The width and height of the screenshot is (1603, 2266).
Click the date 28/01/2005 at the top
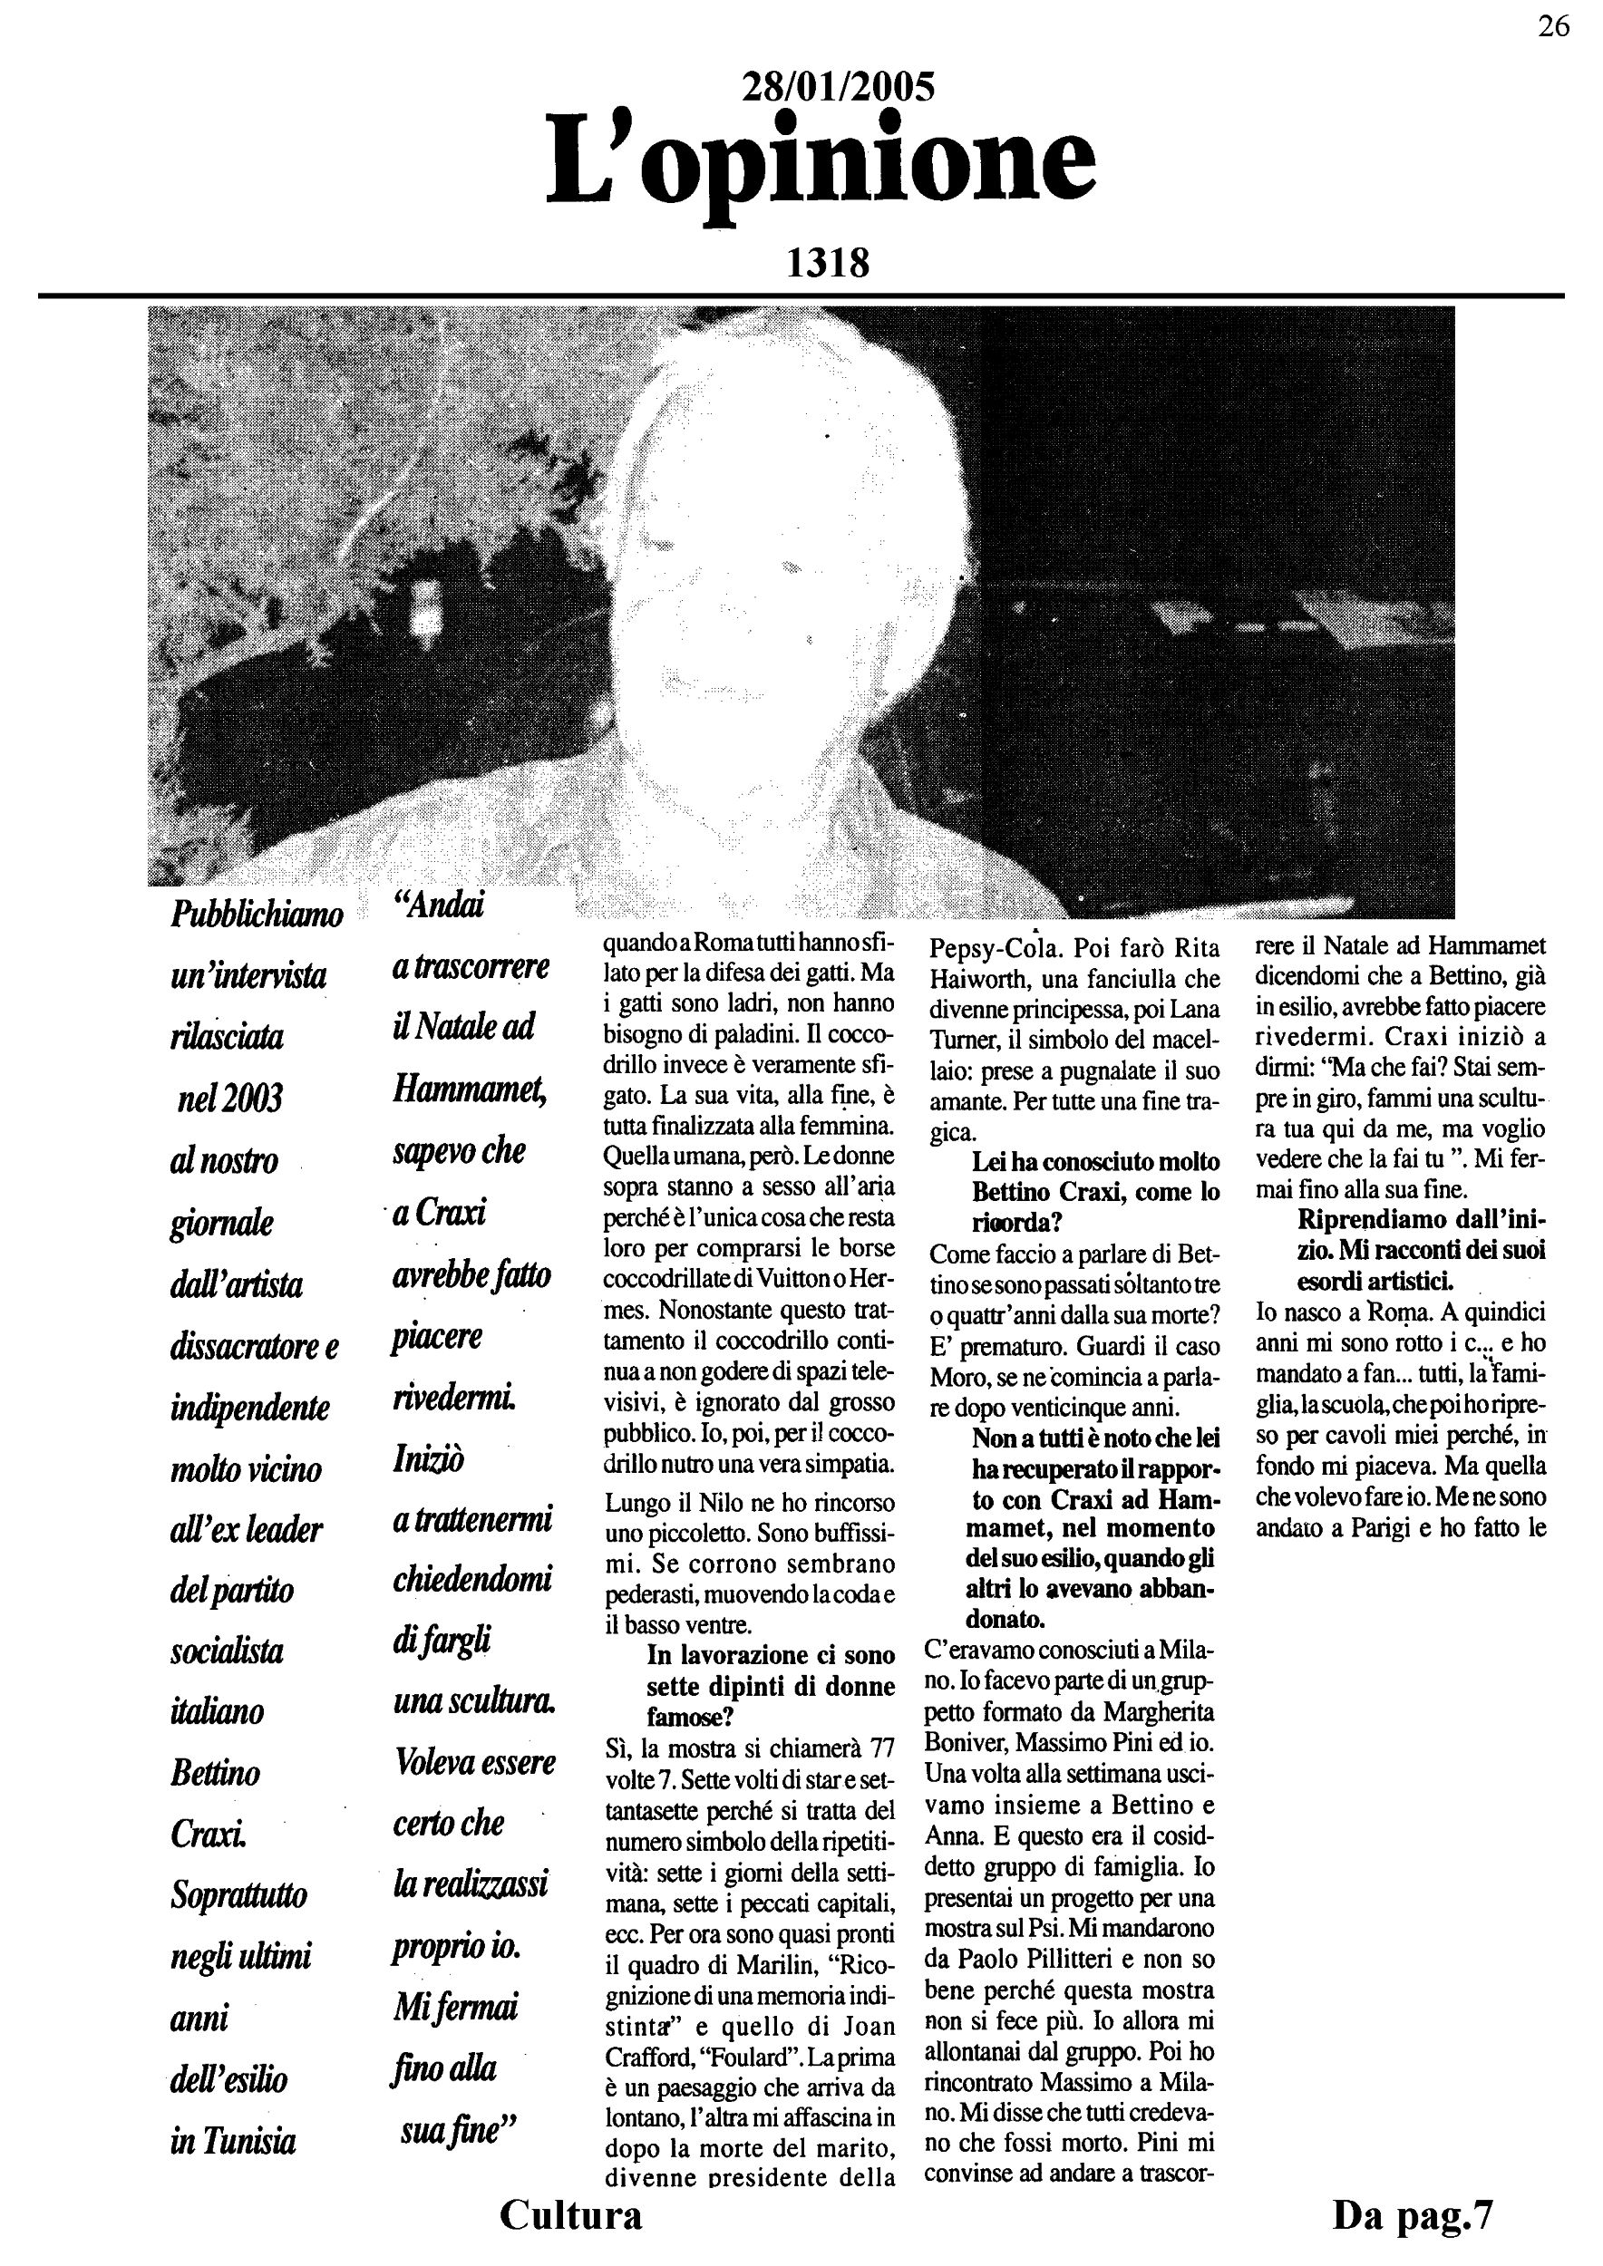(837, 88)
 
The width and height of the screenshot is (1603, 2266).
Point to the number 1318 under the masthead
(827, 264)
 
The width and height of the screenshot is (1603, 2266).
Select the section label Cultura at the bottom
(570, 2214)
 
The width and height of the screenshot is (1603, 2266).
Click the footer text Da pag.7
(1413, 2214)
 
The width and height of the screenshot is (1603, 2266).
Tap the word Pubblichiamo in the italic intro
(257, 914)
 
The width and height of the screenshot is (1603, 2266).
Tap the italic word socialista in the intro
(227, 1651)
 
